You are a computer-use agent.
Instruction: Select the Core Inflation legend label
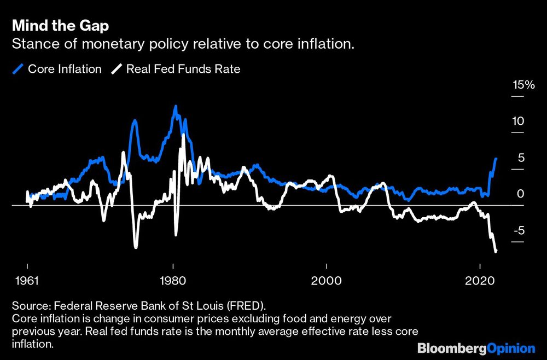tap(65, 69)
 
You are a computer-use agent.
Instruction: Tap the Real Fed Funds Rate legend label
tap(183, 69)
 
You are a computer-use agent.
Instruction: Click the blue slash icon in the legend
tap(18, 69)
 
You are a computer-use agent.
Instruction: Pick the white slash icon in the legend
tap(117, 69)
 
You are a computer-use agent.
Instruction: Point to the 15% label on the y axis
tap(522, 85)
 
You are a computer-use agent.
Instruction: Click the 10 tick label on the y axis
tap(518, 121)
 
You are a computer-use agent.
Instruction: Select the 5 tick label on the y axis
tap(521, 158)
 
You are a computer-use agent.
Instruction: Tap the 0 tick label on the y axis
tap(521, 194)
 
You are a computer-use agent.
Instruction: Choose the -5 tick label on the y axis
tap(518, 230)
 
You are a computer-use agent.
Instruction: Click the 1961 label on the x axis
tap(27, 280)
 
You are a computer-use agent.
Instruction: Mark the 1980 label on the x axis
tap(173, 280)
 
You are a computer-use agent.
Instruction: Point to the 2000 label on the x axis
tap(326, 280)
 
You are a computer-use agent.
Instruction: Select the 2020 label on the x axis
tap(480, 280)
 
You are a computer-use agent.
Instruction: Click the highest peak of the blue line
tap(175, 106)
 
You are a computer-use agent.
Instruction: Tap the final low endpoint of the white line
tap(496, 251)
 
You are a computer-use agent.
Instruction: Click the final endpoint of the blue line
tap(496, 159)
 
